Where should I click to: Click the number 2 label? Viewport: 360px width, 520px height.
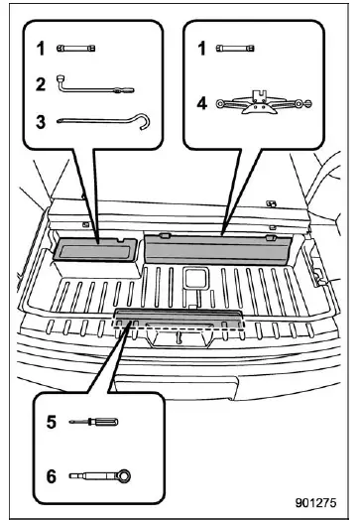pyautogui.click(x=41, y=85)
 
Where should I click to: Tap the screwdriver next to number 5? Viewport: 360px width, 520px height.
pyautogui.click(x=87, y=422)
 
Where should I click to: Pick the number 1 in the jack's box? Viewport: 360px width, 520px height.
pyautogui.click(x=202, y=49)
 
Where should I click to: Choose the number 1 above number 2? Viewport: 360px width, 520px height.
pyautogui.click(x=41, y=49)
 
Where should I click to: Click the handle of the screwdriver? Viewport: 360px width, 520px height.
pyautogui.click(x=97, y=422)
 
